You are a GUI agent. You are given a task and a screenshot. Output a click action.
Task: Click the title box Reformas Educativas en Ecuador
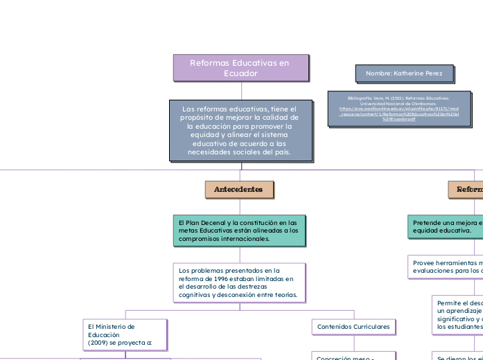coord(240,68)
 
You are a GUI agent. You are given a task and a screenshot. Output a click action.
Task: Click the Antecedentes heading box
coord(238,189)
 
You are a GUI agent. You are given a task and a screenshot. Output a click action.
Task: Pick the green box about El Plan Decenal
coord(238,230)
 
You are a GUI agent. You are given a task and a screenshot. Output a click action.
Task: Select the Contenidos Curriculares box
coord(353,326)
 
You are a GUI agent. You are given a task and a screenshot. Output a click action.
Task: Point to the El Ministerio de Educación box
coord(125,334)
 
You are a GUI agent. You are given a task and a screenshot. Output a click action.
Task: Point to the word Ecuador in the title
coord(240,73)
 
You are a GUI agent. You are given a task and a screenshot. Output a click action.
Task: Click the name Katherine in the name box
coord(415,73)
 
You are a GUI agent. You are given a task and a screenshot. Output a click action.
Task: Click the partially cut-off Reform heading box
coord(466,189)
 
